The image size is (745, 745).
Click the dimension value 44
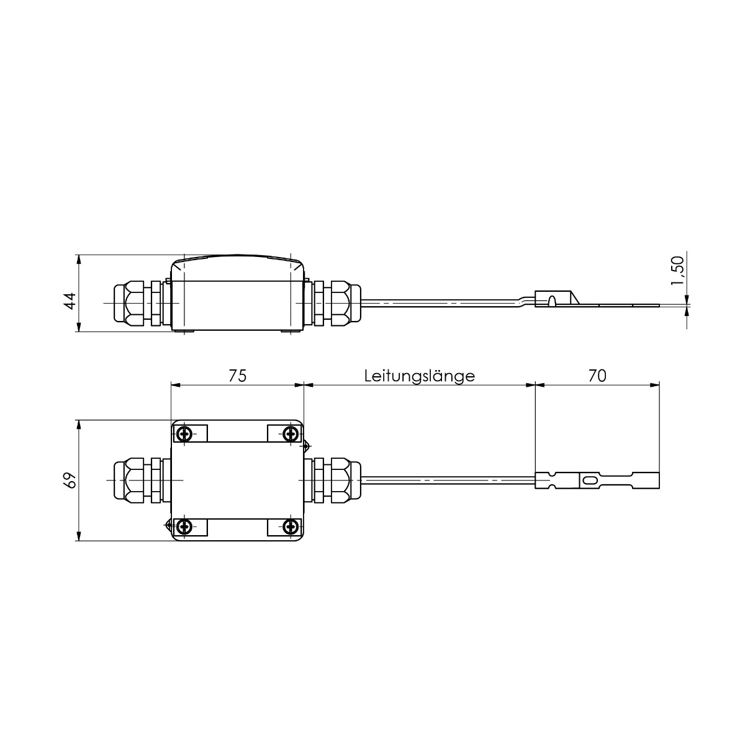pyautogui.click(x=70, y=301)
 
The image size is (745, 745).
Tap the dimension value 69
pyautogui.click(x=70, y=480)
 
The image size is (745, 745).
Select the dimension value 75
pyautogui.click(x=237, y=376)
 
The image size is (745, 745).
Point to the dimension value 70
pyautogui.click(x=597, y=376)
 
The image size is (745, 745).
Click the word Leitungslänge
pyautogui.click(x=420, y=376)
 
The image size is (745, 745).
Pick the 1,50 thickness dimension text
pyautogui.click(x=678, y=271)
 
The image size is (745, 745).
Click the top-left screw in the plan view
pyautogui.click(x=184, y=433)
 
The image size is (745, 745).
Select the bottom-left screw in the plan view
pyautogui.click(x=184, y=526)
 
